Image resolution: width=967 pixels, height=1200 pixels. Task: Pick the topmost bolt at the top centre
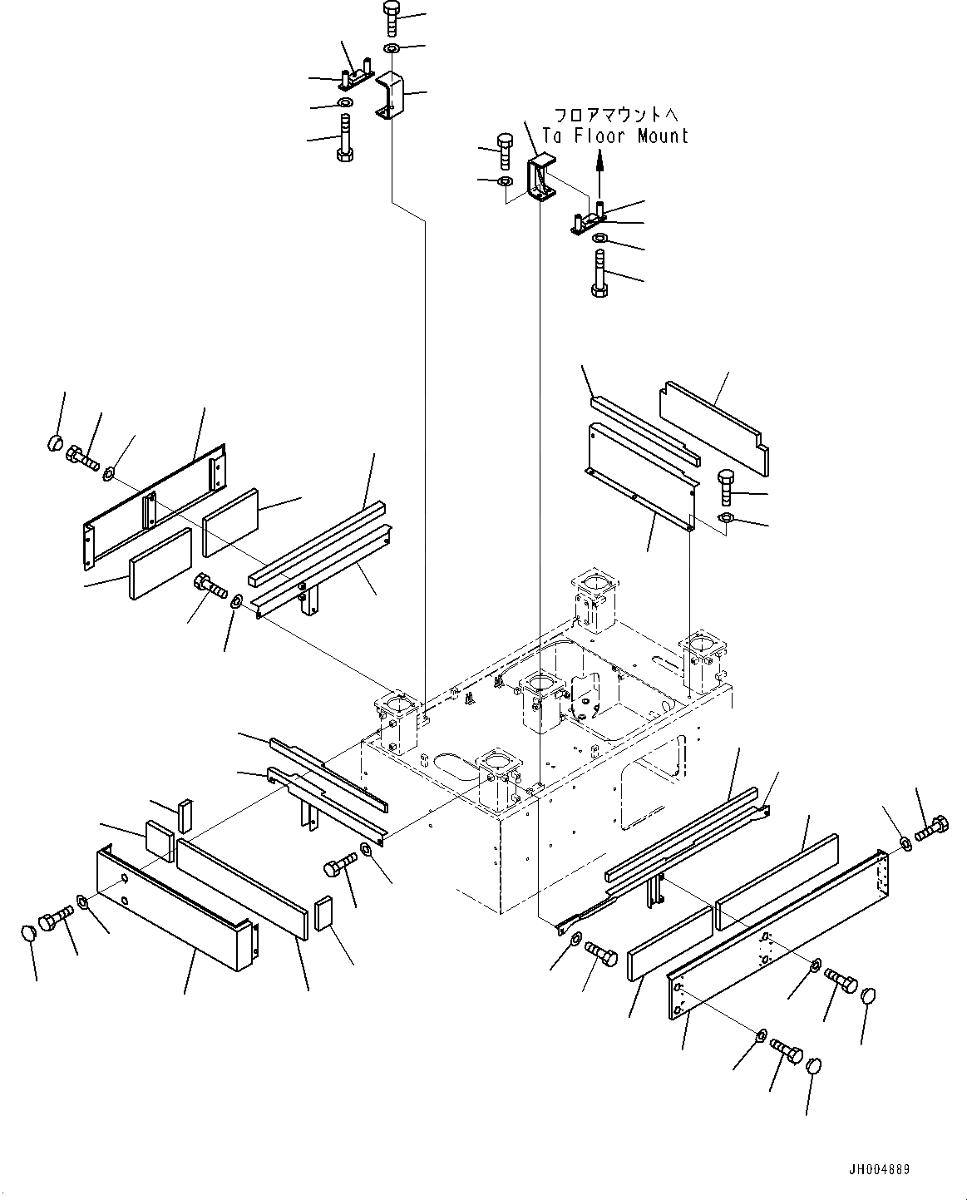pyautogui.click(x=392, y=17)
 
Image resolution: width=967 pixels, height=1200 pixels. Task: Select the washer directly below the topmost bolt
pyautogui.click(x=392, y=49)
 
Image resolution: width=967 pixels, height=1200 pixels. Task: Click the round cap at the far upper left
pyautogui.click(x=55, y=442)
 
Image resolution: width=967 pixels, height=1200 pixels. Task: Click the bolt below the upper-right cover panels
pyautogui.click(x=726, y=487)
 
